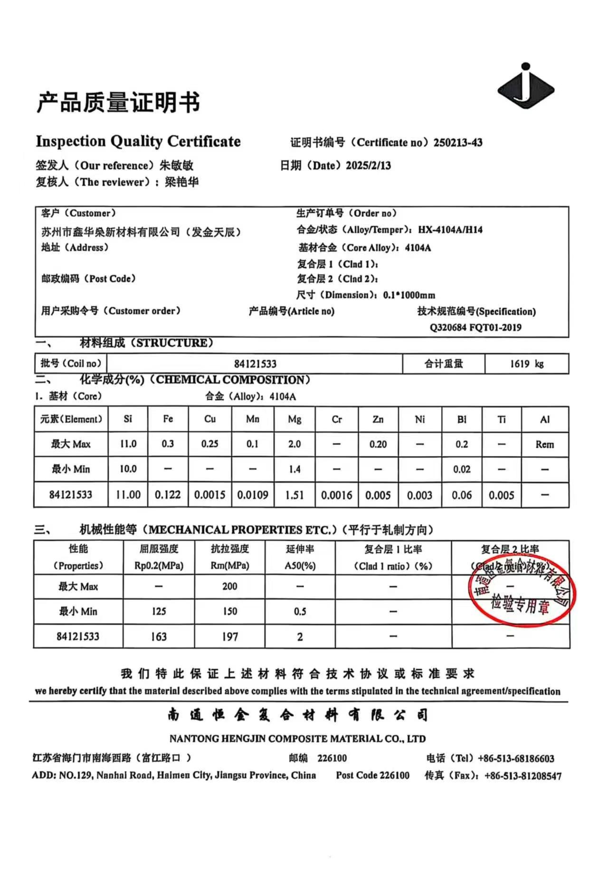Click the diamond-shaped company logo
click(x=525, y=88)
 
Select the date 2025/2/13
click(x=368, y=166)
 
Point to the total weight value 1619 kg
click(x=526, y=364)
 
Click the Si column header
click(x=128, y=419)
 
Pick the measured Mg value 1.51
click(x=294, y=495)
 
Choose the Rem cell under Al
click(x=544, y=444)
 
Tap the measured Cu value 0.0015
click(x=209, y=495)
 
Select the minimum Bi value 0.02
click(x=462, y=470)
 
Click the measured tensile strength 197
click(x=230, y=637)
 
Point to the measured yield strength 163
click(x=159, y=637)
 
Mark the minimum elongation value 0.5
click(x=300, y=612)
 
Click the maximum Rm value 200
click(x=230, y=586)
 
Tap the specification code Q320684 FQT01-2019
click(x=475, y=328)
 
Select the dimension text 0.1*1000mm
click(x=409, y=295)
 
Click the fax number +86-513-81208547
click(x=522, y=776)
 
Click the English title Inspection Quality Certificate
click(x=138, y=141)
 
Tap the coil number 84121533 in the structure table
click(x=255, y=364)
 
